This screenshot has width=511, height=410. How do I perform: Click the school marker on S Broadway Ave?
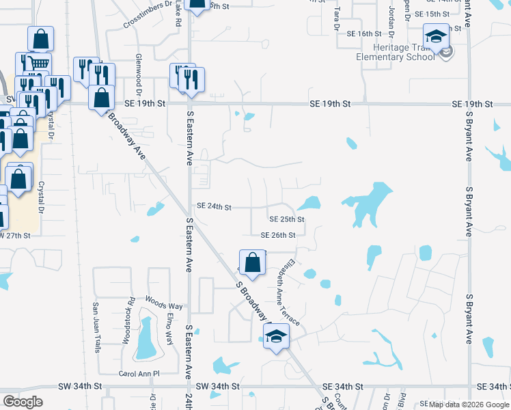276,337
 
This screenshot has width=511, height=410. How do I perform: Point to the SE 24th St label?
214,206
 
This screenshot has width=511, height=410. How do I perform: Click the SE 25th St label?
286,219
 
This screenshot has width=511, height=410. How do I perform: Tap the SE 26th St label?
277,235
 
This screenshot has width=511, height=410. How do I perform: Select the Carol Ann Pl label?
139,374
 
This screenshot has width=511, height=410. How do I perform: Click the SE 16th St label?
363,33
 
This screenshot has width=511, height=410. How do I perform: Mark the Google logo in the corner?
23,401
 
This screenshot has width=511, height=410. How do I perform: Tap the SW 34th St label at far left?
81,386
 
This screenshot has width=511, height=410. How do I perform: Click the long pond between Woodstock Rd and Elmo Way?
146,338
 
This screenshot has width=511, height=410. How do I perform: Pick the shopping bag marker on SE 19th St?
101,98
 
